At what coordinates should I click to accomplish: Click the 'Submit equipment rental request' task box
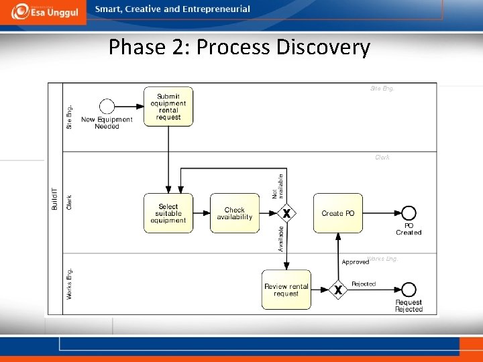point(168,107)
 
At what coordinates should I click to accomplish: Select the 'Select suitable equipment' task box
point(168,213)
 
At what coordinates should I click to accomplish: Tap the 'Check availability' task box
point(234,213)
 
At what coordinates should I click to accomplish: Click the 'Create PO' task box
point(338,213)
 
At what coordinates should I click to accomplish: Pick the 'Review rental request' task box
point(286,290)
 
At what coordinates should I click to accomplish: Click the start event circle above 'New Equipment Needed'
point(107,107)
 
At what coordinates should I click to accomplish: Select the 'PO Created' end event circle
point(408,213)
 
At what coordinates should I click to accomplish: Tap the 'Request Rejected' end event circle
point(408,290)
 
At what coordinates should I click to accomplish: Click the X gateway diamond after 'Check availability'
point(286,213)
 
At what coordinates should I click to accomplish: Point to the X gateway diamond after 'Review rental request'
point(338,290)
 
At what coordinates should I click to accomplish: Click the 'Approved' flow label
point(355,262)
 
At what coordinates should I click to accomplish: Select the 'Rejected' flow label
point(364,284)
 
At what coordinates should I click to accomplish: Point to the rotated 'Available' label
point(281,239)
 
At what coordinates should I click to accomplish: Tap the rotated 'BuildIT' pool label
point(55,199)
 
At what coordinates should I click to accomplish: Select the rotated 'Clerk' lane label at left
point(70,202)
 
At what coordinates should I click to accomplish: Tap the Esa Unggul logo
point(43,12)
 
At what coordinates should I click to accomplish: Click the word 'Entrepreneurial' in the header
point(217,9)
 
